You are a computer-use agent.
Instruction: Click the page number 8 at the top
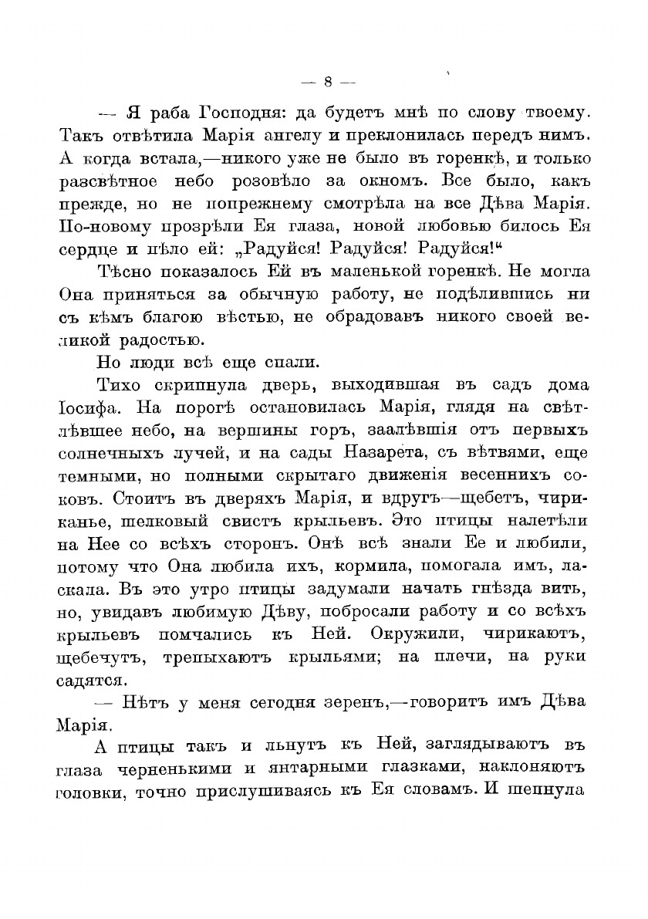tap(328, 81)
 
